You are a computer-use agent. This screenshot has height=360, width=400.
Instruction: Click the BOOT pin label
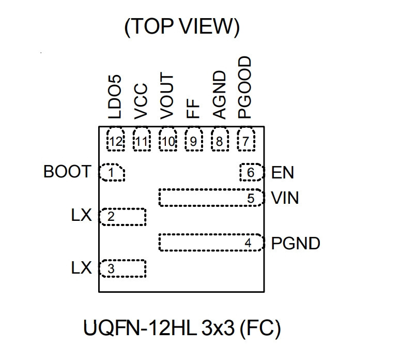click(x=67, y=171)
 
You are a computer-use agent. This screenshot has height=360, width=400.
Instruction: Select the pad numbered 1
click(x=112, y=173)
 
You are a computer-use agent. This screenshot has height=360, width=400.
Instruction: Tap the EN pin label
click(x=282, y=173)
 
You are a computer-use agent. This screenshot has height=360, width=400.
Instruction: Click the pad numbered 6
click(x=251, y=173)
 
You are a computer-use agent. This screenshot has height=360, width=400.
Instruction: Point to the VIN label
click(x=285, y=198)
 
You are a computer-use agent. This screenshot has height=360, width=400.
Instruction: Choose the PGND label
click(x=296, y=243)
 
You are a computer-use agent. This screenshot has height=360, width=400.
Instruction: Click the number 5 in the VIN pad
click(x=251, y=199)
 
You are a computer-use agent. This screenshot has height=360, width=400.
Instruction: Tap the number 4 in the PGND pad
click(x=248, y=243)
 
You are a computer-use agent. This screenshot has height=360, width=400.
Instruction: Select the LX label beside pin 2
click(x=81, y=216)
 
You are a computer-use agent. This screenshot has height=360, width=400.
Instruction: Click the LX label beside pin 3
click(x=81, y=268)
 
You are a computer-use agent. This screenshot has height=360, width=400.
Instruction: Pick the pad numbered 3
click(x=122, y=268)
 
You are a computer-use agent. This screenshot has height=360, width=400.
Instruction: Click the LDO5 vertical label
click(x=115, y=97)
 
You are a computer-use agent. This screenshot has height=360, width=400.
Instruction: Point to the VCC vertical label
click(x=141, y=101)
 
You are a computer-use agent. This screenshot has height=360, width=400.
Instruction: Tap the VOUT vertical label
click(x=166, y=96)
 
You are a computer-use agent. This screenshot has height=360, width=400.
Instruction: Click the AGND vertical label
click(x=219, y=95)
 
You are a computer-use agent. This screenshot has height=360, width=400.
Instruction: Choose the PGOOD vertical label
click(x=244, y=87)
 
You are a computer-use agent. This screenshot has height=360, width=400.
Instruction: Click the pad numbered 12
click(x=116, y=139)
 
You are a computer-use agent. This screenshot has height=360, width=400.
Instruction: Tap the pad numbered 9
click(x=194, y=139)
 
